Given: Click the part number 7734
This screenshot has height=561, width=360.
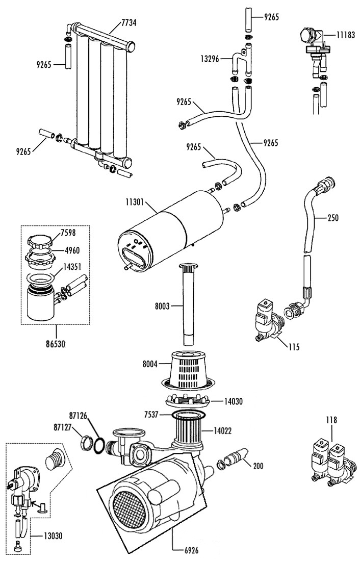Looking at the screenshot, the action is tap(129, 23).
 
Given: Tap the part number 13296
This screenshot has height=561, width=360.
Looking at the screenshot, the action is tap(210, 59).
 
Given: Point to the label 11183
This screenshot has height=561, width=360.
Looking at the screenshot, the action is tap(345, 35).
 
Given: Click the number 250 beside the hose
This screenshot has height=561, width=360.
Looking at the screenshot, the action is tap(333, 218).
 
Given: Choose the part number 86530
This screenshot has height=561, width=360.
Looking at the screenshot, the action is tap(56, 344).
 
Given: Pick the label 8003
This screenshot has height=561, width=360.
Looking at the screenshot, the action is tap(162, 306).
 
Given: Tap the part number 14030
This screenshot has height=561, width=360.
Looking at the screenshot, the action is tap(234, 401).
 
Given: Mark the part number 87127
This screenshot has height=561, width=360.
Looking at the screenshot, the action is tap(63, 427).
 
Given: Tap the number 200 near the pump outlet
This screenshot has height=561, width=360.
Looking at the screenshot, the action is tap(258, 466).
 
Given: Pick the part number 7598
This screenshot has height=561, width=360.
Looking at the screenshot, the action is tap(68, 233).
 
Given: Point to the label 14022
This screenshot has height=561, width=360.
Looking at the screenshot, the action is tap(222, 431).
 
